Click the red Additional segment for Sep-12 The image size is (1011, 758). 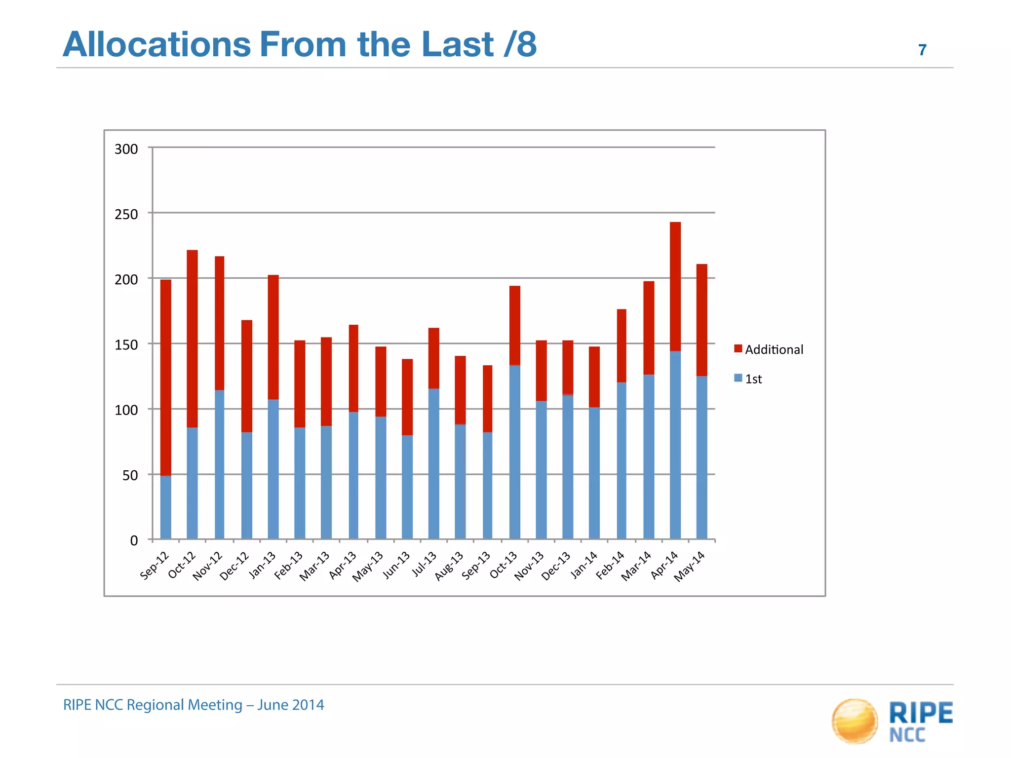(166, 378)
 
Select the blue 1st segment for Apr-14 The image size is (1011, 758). (675, 445)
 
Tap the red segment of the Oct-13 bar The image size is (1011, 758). (515, 325)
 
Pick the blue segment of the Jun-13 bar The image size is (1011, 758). (407, 487)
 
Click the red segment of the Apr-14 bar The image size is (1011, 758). (675, 286)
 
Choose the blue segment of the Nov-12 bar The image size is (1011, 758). (219, 464)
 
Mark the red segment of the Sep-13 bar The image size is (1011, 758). (487, 399)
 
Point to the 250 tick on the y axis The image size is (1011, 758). (126, 214)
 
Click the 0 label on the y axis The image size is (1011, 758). (134, 540)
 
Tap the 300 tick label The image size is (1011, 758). (126, 149)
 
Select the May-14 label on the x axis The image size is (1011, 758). (690, 567)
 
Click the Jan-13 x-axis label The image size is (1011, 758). (262, 566)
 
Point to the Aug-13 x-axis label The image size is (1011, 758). (449, 566)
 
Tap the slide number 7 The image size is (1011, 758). (922, 50)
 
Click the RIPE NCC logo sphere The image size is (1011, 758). (855, 720)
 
